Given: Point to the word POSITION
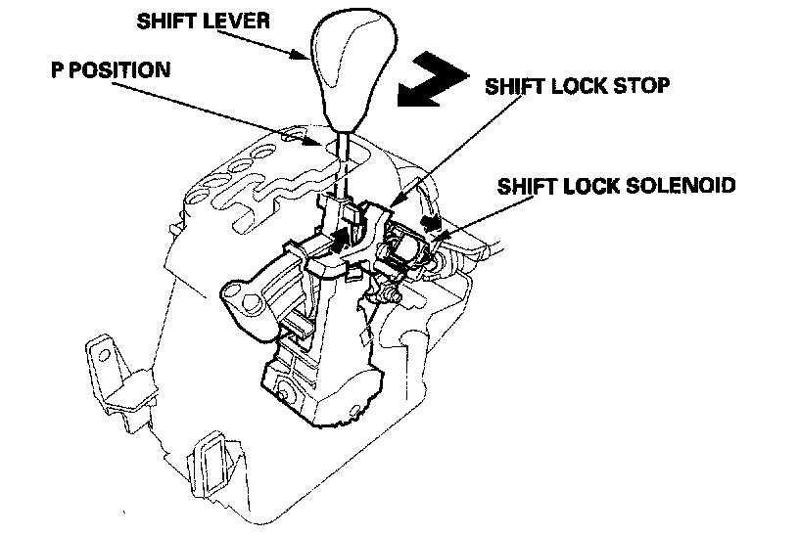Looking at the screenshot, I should coord(117,70).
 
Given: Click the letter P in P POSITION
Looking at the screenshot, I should coord(58,70).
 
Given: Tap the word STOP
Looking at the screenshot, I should coord(643,85).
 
